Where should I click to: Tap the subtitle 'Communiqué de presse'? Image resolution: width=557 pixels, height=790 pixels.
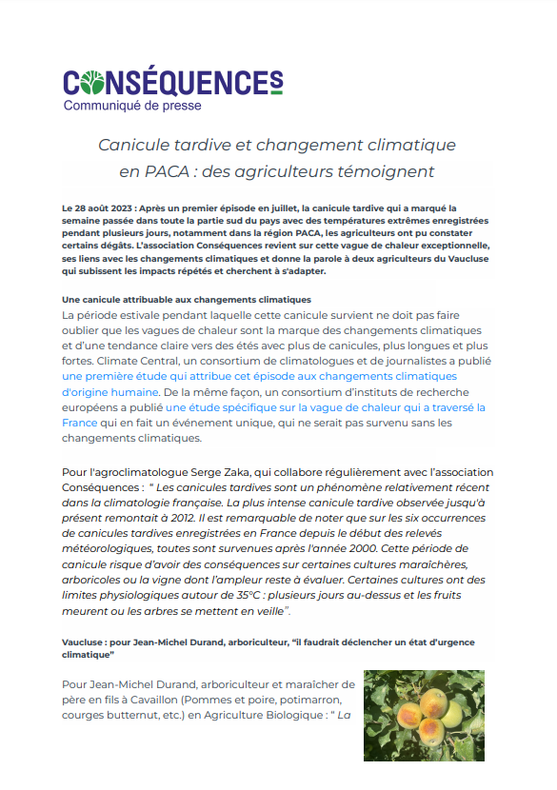132,106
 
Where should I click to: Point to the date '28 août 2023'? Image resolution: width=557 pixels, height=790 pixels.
104,207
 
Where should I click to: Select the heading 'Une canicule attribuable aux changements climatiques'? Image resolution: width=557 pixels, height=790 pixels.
187,300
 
